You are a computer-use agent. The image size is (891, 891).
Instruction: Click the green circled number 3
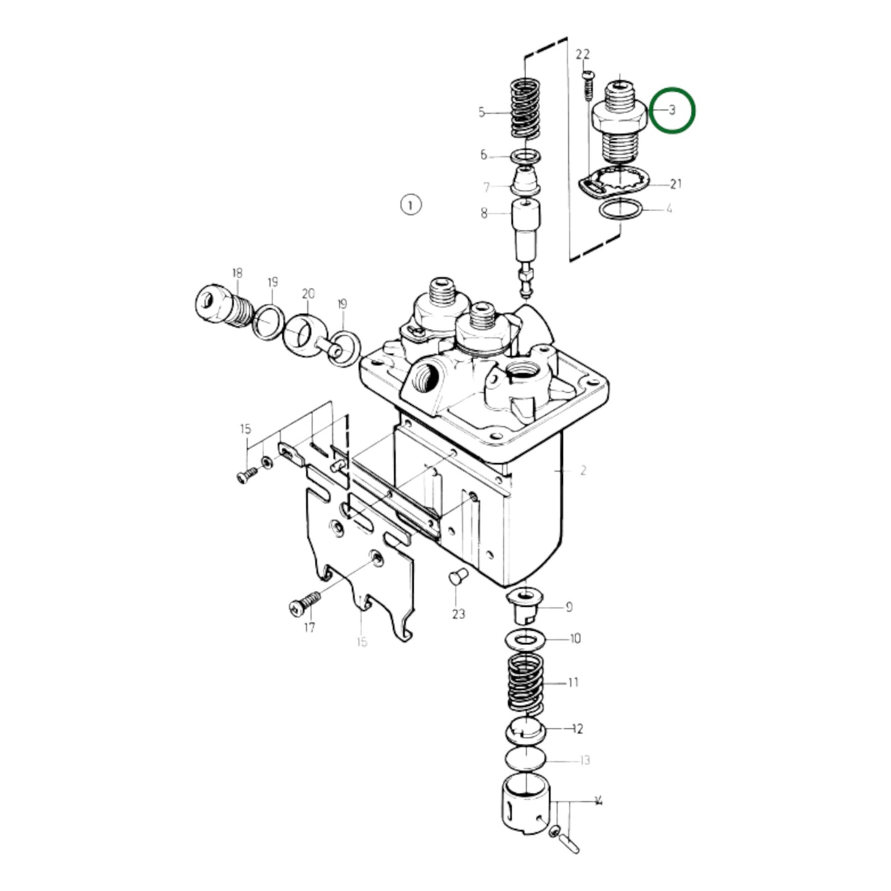coord(673,110)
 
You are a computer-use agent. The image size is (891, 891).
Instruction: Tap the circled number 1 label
coord(411,204)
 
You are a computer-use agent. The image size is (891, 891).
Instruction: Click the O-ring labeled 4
coord(620,210)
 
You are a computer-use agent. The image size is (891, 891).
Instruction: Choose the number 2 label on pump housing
coord(583,470)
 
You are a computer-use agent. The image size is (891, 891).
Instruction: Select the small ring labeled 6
coord(526,155)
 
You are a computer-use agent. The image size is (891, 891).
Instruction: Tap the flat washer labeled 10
coord(525,640)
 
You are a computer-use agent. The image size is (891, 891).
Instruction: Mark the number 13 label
coord(585,760)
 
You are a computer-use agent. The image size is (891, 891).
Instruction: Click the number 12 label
coord(577,729)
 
